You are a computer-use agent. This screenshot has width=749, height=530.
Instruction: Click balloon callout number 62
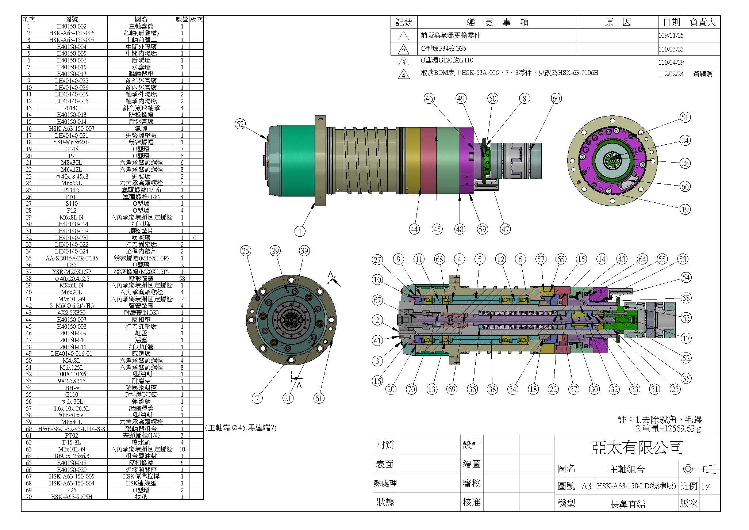(x=240, y=124)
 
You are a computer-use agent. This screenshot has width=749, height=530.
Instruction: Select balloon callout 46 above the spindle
(x=429, y=98)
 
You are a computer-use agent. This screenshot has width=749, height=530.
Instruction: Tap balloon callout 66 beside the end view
(x=685, y=187)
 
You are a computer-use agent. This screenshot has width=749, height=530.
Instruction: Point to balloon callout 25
(x=246, y=251)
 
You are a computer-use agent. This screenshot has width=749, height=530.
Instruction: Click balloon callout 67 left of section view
(x=377, y=300)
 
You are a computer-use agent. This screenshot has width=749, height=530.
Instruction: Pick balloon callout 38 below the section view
(x=492, y=389)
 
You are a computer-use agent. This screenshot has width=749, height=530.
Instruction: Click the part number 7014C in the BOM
(x=72, y=108)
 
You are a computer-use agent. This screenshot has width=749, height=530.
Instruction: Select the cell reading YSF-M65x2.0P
(x=72, y=142)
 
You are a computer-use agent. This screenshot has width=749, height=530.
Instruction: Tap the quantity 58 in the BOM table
(x=182, y=279)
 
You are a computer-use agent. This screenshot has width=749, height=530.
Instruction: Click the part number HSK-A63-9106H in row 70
(x=72, y=497)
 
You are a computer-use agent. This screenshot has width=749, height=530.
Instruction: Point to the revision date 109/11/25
(x=671, y=36)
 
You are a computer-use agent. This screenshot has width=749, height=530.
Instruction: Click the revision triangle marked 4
(x=403, y=75)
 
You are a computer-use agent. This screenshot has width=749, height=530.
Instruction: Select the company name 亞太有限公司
(x=637, y=447)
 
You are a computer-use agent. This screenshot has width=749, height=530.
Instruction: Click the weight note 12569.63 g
(x=672, y=428)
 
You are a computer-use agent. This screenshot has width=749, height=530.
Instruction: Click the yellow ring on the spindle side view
(x=413, y=161)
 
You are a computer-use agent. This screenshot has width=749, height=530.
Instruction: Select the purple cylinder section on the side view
(x=466, y=161)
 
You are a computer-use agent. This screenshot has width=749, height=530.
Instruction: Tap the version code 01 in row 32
(x=196, y=238)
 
